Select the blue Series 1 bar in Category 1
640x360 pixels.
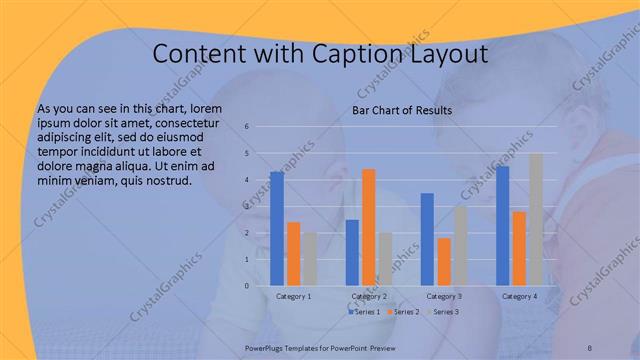[x=276, y=229]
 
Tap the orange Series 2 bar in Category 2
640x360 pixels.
[x=368, y=227]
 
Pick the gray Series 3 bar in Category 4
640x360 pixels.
[x=535, y=220]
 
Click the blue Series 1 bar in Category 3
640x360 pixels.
[x=427, y=239]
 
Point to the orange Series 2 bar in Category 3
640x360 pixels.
[x=443, y=261]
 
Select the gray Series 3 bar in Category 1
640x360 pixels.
[x=309, y=259]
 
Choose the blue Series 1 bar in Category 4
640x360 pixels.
[x=502, y=226]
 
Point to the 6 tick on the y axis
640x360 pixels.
[x=246, y=127]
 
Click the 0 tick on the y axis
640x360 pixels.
[x=246, y=286]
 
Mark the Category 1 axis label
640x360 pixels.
[x=293, y=296]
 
